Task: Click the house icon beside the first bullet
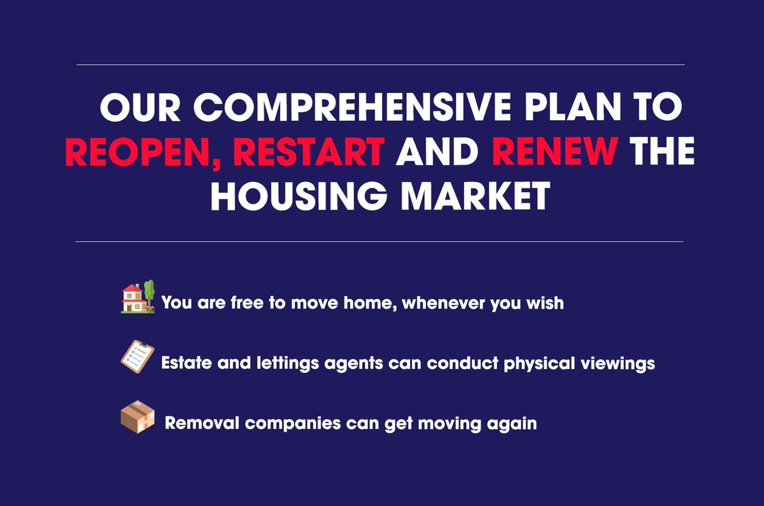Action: pyautogui.click(x=132, y=298)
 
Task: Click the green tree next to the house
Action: pyautogui.click(x=150, y=292)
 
